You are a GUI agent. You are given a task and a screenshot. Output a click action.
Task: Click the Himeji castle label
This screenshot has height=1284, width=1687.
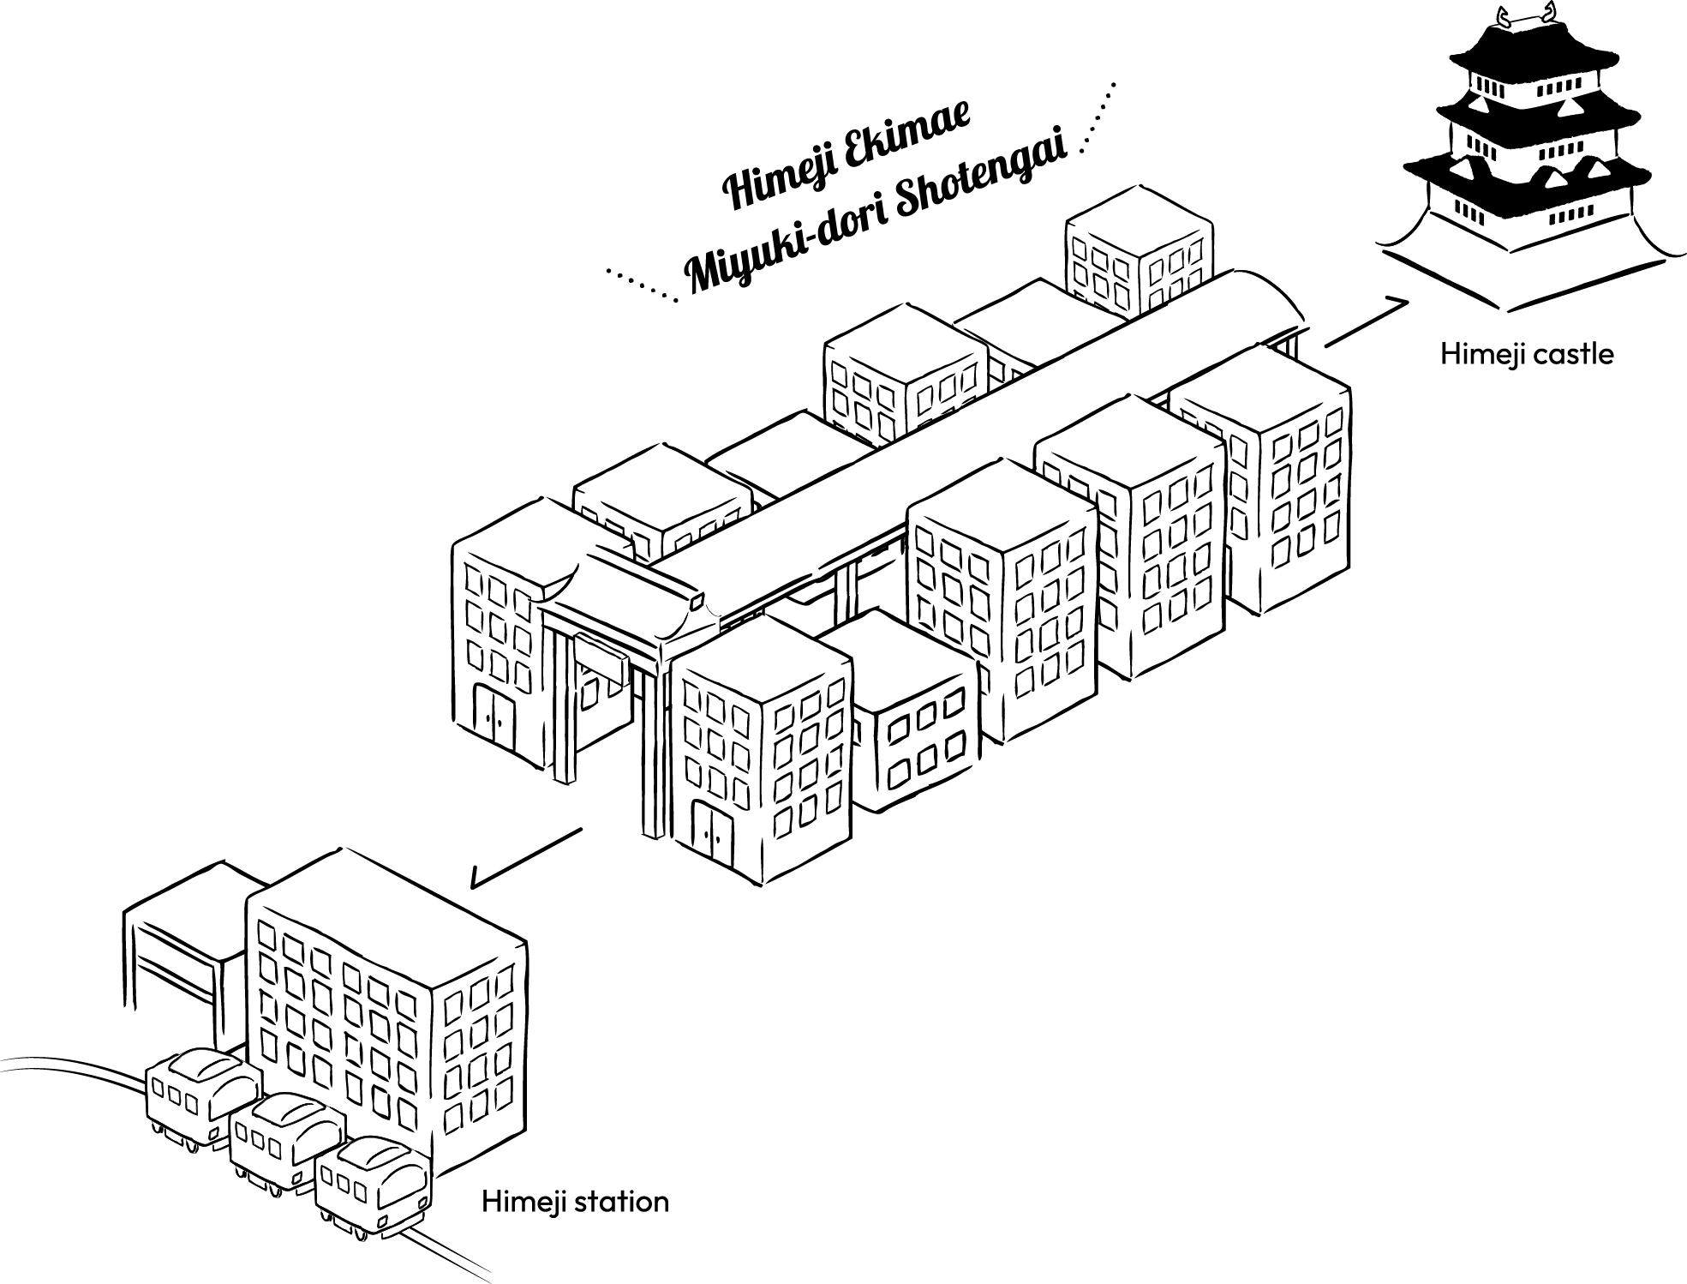(x=1526, y=354)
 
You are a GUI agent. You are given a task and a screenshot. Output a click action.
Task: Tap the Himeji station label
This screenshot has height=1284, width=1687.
(x=575, y=1202)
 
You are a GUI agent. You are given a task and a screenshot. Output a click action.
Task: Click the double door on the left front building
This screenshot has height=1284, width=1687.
(x=494, y=720)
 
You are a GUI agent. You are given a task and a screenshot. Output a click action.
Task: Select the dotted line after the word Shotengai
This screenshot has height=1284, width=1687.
(x=1099, y=115)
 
